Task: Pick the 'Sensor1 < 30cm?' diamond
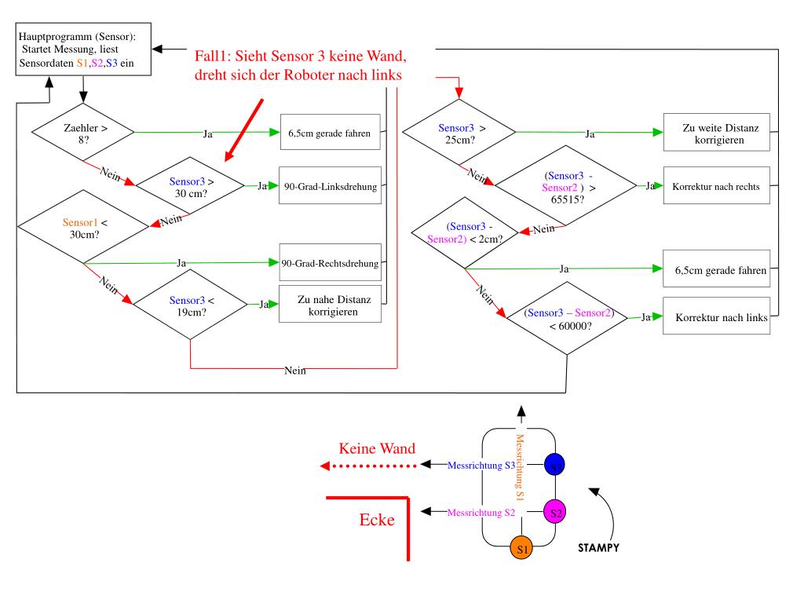[83, 228]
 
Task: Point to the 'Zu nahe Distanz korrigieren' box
[330, 305]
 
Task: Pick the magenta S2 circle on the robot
[555, 512]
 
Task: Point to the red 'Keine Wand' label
[377, 450]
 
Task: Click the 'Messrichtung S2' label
[481, 512]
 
